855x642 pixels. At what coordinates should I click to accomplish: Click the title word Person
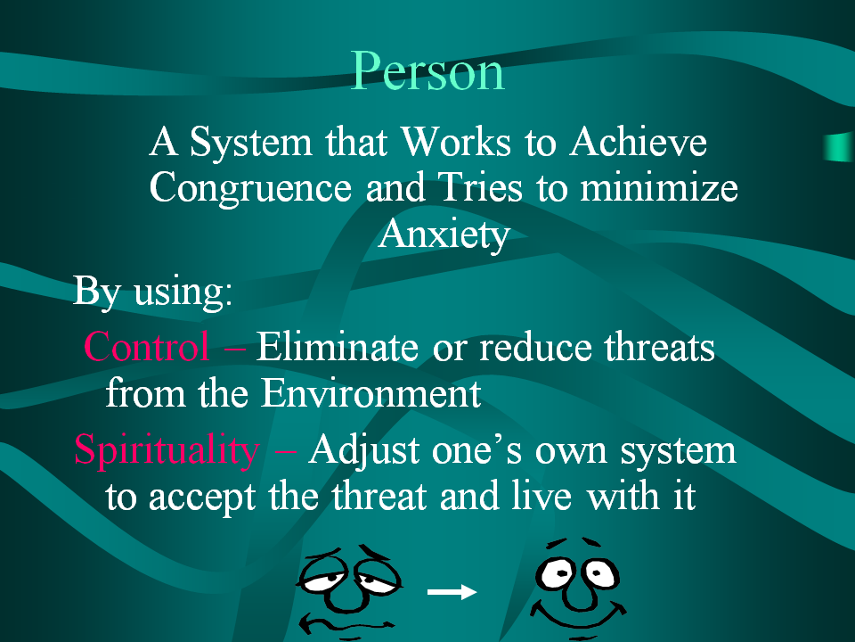(427, 71)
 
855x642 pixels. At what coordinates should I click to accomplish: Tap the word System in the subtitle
(251, 143)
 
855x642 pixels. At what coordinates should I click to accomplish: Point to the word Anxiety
(444, 235)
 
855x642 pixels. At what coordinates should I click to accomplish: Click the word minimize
(659, 187)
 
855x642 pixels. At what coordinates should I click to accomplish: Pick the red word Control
(146, 347)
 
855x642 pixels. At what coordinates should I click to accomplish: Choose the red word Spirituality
(167, 450)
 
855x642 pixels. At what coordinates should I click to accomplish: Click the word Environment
(370, 392)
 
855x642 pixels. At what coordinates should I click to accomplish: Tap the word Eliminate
(338, 346)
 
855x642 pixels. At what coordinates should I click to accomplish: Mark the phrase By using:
(152, 291)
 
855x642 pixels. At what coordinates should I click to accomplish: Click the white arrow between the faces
(452, 591)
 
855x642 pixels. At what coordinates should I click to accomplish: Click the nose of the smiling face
(577, 594)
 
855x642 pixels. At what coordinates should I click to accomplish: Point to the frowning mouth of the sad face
(346, 621)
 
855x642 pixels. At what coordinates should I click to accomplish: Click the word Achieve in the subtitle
(639, 142)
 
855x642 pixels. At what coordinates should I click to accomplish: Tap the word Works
(456, 142)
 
